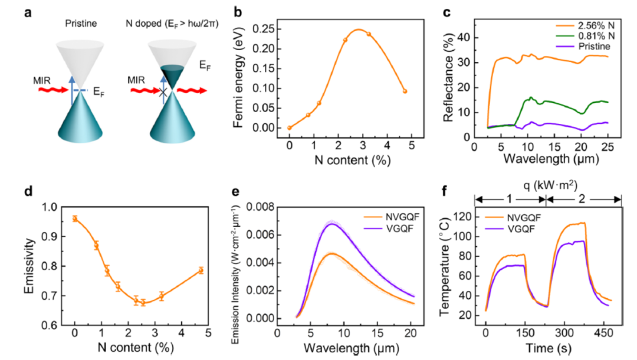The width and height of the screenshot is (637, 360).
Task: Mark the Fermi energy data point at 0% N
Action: (290, 127)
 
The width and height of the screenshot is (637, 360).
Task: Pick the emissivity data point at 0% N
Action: (75, 218)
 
